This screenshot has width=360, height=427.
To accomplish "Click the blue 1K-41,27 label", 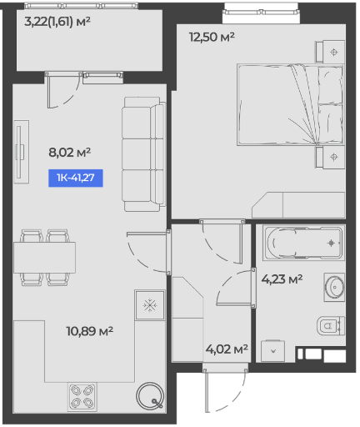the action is click(x=76, y=178).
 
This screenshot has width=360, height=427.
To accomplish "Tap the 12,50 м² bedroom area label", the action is click(x=212, y=37).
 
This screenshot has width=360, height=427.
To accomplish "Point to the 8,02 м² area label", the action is click(x=70, y=153).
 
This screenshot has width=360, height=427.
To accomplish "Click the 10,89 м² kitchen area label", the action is click(x=89, y=331).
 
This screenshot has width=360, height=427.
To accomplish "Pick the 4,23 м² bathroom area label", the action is click(x=282, y=279).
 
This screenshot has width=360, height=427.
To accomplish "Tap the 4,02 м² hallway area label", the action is click(x=227, y=349).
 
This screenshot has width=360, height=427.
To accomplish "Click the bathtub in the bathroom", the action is click(x=303, y=244).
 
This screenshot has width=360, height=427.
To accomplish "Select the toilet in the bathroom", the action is click(x=331, y=325).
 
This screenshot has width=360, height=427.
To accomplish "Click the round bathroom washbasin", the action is click(x=334, y=287).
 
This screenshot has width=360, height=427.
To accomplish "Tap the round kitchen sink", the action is click(x=150, y=396).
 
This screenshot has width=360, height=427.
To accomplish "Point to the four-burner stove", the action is click(x=82, y=397).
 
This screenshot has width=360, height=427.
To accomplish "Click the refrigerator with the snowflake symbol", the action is click(x=150, y=305).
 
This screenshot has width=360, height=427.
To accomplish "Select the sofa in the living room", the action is click(x=143, y=154).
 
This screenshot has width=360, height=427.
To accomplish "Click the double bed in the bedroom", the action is click(x=290, y=105).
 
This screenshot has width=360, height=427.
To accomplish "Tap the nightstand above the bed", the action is click(x=330, y=52).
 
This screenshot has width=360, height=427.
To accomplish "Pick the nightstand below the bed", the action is click(x=330, y=157).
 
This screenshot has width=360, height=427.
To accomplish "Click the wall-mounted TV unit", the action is click(x=22, y=152).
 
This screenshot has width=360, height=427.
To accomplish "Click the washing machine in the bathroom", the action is click(x=272, y=351).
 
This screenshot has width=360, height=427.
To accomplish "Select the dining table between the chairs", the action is click(x=44, y=258).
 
